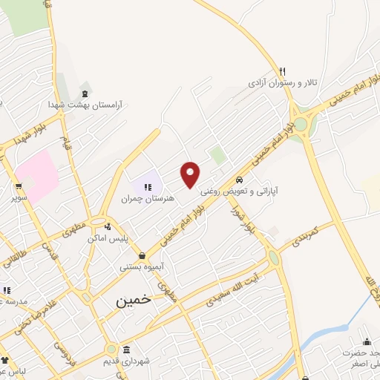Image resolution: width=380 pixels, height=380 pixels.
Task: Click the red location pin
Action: (191, 174)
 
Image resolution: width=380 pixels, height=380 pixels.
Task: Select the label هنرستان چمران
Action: (149, 199)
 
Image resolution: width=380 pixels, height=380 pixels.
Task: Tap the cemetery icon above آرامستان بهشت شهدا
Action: (85, 92)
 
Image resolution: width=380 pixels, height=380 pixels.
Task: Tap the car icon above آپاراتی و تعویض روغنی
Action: (240, 180)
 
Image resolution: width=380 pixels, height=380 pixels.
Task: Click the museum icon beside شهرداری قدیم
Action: (126, 350)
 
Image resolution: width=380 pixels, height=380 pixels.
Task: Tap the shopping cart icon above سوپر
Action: (19, 187)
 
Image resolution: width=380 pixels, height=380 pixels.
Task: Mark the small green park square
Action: (217, 155)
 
